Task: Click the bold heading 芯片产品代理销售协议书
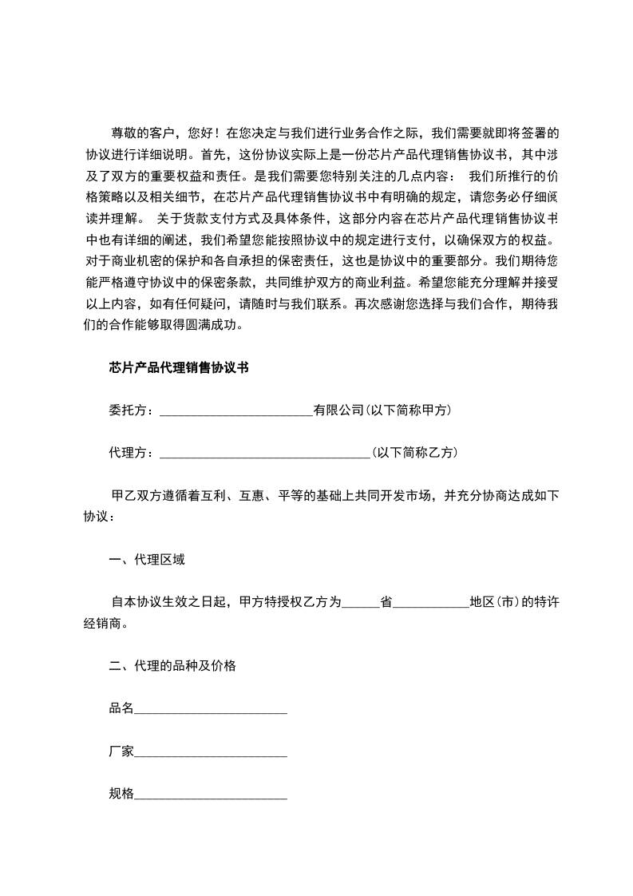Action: pyautogui.click(x=179, y=367)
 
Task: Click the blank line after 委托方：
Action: pyautogui.click(x=236, y=412)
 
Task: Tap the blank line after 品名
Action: pyautogui.click(x=211, y=709)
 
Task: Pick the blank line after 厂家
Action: pyautogui.click(x=211, y=752)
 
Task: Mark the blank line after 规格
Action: pyautogui.click(x=211, y=795)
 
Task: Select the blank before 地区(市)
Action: pyautogui.click(x=431, y=604)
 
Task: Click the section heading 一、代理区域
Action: pyautogui.click(x=147, y=560)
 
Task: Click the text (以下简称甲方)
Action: pyautogui.click(x=409, y=410)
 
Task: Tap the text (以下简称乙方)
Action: pyautogui.click(x=414, y=452)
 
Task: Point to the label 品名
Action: pyautogui.click(x=121, y=708)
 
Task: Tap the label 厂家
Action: pyautogui.click(x=121, y=751)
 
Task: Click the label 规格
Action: pyautogui.click(x=121, y=794)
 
